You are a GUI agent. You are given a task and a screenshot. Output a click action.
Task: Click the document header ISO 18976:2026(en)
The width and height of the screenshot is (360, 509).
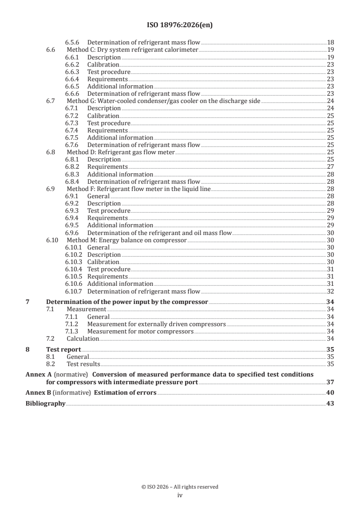click(180, 25)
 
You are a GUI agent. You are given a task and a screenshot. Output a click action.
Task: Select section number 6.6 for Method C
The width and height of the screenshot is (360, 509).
click(51, 50)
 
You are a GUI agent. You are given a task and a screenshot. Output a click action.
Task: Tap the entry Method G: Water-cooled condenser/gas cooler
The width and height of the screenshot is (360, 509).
click(163, 101)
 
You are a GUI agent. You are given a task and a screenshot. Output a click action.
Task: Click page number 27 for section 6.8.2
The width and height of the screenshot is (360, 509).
click(330, 167)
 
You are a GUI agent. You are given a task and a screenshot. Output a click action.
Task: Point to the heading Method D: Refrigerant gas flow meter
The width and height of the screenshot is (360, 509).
click(120, 152)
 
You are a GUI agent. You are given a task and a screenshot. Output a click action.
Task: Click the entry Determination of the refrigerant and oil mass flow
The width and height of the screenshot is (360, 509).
click(159, 233)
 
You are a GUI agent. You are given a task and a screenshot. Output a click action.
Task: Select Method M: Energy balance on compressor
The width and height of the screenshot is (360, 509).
click(127, 240)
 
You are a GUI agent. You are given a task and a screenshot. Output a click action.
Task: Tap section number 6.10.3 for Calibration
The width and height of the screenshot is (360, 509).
click(73, 262)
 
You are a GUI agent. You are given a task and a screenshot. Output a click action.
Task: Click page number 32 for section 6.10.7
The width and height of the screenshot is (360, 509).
click(330, 291)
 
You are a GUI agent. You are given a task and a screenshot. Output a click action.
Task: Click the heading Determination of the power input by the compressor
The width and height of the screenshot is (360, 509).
click(127, 302)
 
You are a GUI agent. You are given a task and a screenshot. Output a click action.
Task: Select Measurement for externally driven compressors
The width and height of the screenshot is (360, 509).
click(156, 324)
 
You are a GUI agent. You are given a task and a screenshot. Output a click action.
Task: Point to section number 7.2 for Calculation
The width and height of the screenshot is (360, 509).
click(51, 338)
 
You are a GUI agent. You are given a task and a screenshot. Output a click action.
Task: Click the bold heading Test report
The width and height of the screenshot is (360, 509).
click(64, 349)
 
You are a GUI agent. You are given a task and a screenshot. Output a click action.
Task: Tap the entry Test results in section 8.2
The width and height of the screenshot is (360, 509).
click(83, 364)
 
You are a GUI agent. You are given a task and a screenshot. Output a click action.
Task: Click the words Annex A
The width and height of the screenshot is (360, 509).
click(36, 374)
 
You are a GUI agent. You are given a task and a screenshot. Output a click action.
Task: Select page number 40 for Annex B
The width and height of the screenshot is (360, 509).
click(330, 393)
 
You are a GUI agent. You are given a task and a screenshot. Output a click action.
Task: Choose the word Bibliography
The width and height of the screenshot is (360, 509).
click(45, 404)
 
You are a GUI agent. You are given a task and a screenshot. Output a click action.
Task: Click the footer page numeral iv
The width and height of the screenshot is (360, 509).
click(180, 495)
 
